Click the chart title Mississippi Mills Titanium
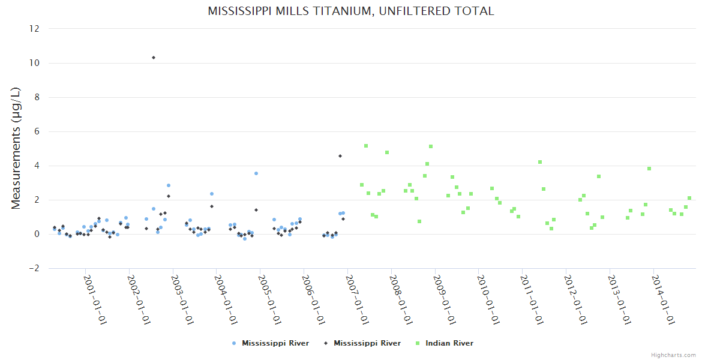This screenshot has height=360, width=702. (351, 11)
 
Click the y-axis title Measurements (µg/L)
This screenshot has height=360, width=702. (16, 148)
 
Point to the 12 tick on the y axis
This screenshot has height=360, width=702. (35, 29)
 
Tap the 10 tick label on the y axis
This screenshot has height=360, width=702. (35, 63)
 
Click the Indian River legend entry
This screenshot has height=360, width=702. (449, 343)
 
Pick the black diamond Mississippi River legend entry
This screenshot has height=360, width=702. (367, 343)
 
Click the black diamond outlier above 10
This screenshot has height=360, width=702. (154, 58)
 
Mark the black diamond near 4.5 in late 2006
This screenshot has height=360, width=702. (340, 156)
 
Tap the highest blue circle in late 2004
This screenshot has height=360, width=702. (256, 173)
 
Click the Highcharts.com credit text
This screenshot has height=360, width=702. (673, 355)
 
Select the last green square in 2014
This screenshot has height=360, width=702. (689, 198)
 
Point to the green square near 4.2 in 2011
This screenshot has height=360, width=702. (540, 162)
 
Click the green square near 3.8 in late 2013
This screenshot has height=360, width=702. (649, 169)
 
